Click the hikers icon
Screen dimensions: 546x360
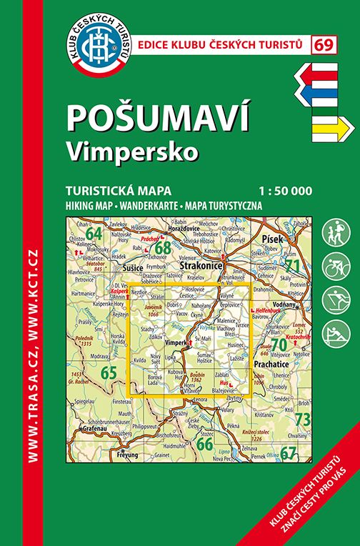click(334, 234)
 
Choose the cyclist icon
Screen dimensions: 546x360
click(334, 267)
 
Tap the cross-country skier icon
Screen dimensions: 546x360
click(334, 299)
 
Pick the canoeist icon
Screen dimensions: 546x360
click(334, 332)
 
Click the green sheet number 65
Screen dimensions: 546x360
click(109, 372)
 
